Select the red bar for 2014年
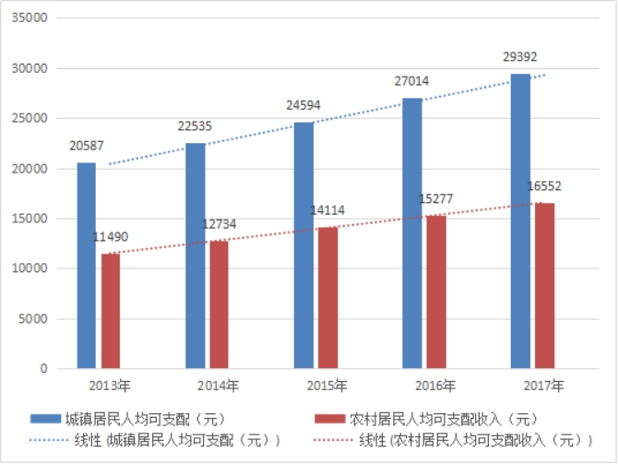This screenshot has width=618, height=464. click(219, 304)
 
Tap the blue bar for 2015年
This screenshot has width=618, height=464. click(303, 245)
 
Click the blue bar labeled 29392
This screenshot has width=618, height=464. click(520, 221)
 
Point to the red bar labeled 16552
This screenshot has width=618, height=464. click(544, 285)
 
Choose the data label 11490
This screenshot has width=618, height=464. click(111, 238)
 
